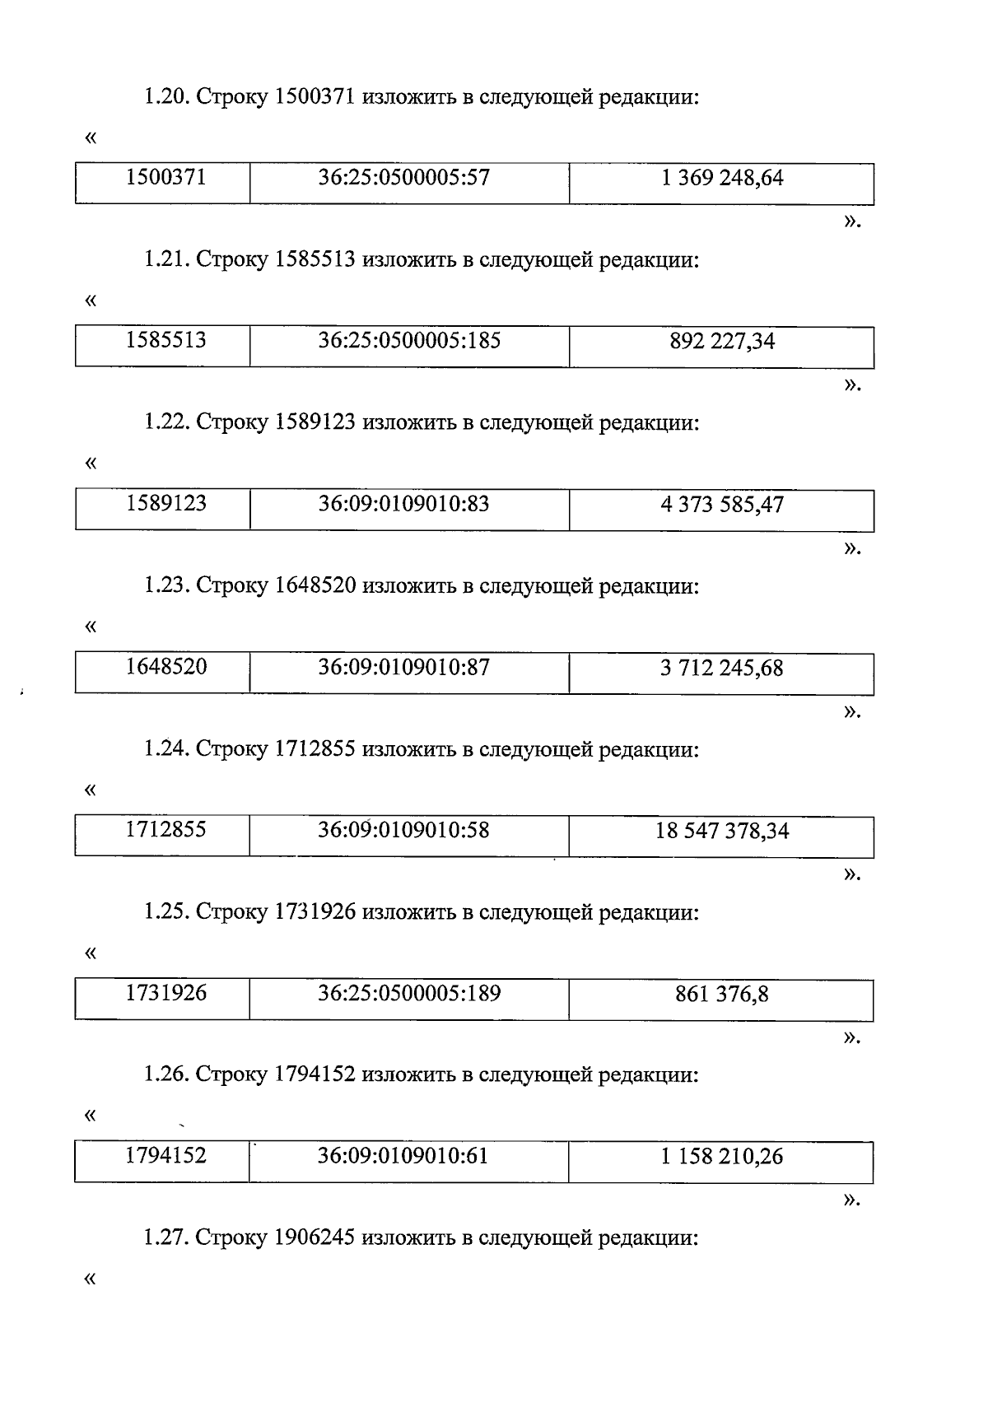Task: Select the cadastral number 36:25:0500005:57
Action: [403, 178]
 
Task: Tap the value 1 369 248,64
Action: [722, 178]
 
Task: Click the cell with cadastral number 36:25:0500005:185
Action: [409, 341]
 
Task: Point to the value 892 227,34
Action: [722, 341]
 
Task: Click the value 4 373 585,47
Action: [722, 504]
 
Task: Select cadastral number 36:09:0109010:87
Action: [403, 667]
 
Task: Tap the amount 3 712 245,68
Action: [722, 668]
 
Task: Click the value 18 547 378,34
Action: [722, 831]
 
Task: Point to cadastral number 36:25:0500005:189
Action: [409, 993]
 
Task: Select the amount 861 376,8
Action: [722, 994]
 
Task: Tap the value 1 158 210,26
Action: [722, 1157]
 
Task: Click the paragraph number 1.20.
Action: [167, 98]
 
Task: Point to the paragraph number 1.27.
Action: [167, 1238]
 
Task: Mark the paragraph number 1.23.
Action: [167, 586]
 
